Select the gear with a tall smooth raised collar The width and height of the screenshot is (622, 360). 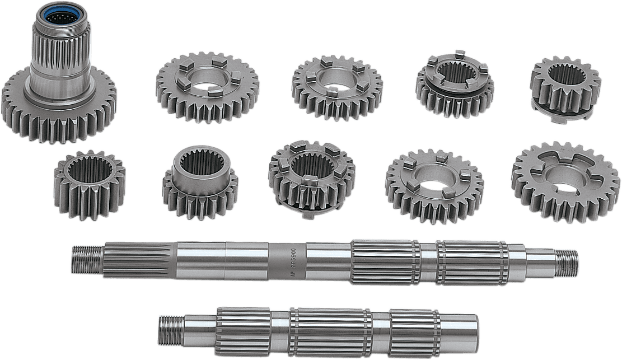(199, 179)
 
